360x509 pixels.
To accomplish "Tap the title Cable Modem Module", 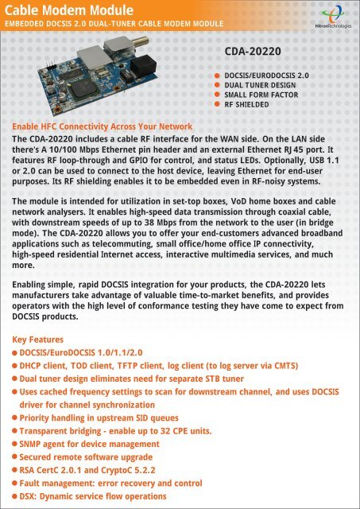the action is (59, 10).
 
